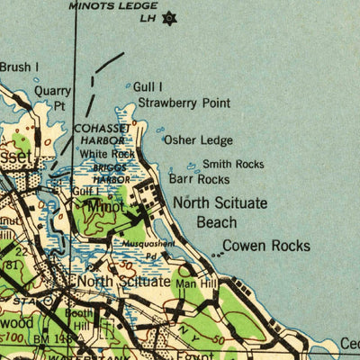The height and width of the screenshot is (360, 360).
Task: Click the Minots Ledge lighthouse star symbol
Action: [167, 17]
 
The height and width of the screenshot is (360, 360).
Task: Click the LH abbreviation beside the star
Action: [146, 17]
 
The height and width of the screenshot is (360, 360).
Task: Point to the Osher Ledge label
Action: [199, 140]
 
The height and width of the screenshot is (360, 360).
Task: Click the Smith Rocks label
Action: [233, 164]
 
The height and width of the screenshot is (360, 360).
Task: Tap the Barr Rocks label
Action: [193, 180]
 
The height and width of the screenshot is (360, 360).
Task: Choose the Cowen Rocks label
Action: [265, 246]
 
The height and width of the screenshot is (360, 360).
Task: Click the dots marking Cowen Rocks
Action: [217, 255]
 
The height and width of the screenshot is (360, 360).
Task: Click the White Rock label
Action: [107, 154]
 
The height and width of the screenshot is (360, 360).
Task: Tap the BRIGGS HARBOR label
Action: [107, 174]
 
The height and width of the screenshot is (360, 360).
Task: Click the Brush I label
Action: [19, 67]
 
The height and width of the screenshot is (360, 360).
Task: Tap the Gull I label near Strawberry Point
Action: [148, 86]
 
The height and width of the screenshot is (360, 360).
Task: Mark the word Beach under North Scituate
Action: [217, 222]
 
